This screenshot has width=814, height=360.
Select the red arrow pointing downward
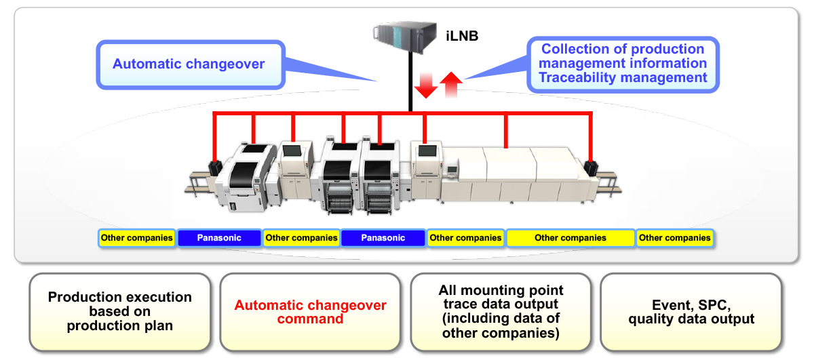coord(425,85)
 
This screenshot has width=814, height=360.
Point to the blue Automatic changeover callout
coord(189,64)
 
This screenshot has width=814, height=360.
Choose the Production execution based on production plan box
coord(120,311)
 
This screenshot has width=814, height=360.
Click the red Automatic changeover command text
coord(310,312)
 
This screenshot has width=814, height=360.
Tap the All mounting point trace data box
coord(501,311)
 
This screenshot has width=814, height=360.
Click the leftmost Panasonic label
coord(219,238)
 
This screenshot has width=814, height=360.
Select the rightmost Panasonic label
coord(383,238)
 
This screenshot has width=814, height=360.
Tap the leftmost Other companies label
coord(136,238)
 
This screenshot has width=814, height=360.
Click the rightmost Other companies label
coord(674,238)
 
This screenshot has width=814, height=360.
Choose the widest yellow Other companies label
coord(570,238)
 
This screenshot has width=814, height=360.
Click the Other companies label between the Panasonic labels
coord(301,238)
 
